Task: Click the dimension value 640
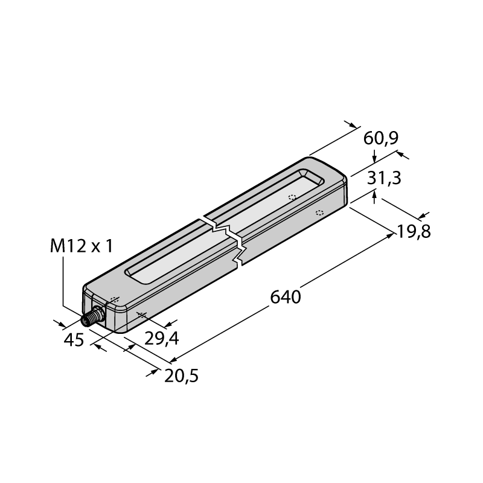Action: (285, 297)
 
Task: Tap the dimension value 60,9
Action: (381, 138)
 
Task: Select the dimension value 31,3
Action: (384, 178)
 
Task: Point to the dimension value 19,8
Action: (414, 231)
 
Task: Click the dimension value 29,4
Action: (161, 339)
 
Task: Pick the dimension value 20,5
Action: (181, 376)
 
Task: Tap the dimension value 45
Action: (74, 340)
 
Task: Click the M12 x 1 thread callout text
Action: (82, 246)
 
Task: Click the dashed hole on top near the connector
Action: (115, 299)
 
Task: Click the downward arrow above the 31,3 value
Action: (374, 156)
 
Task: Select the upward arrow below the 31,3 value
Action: (374, 197)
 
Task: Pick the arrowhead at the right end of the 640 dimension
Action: (391, 235)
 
